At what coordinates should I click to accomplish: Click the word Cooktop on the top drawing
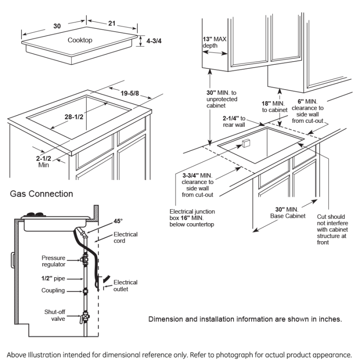pyautogui.click(x=80, y=40)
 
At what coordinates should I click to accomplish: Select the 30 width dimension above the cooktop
pyautogui.click(x=57, y=26)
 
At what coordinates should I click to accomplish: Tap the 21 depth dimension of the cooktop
pyautogui.click(x=112, y=23)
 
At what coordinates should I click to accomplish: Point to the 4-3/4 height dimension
pyautogui.click(x=154, y=40)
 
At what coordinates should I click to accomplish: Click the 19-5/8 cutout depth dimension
pyautogui.click(x=130, y=93)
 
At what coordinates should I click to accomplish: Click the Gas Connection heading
pyautogui.click(x=41, y=194)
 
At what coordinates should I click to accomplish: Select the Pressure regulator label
pyautogui.click(x=54, y=261)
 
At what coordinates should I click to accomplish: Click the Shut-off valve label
pyautogui.click(x=54, y=315)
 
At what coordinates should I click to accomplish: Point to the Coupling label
pyautogui.click(x=53, y=291)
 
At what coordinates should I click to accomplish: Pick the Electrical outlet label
pyautogui.click(x=125, y=286)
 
